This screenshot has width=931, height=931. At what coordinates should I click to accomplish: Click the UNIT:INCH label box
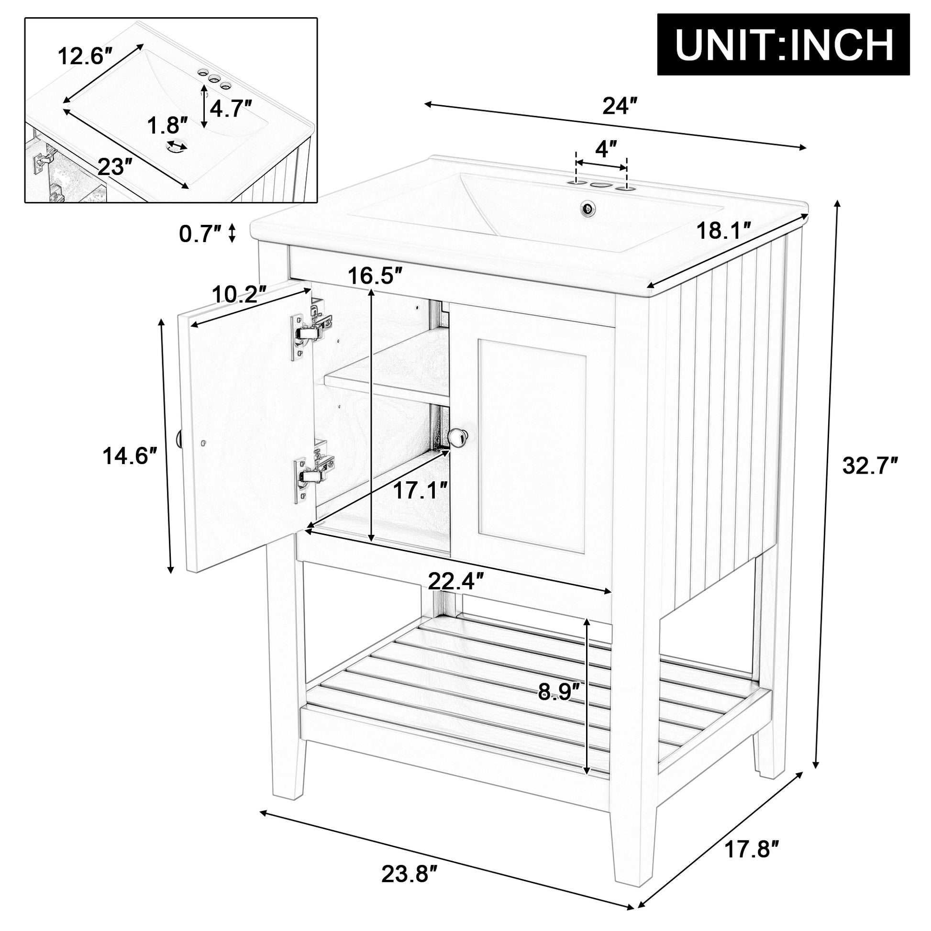[x=784, y=44]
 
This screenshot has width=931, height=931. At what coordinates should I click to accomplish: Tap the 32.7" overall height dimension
[x=870, y=466]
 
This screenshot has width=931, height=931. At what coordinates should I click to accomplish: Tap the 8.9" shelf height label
[x=558, y=692]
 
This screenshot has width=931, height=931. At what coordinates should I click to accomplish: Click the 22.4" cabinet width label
[x=455, y=582]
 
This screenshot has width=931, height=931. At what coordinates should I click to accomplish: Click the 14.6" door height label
[x=130, y=455]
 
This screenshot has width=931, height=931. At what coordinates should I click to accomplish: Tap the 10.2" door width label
[x=240, y=293]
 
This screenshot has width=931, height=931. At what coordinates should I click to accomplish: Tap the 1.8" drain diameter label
[x=167, y=126]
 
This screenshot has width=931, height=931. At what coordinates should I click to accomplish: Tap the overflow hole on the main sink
[x=588, y=208]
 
